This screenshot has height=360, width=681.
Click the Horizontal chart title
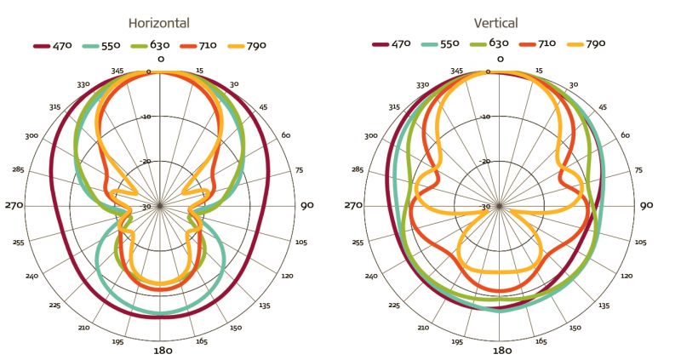pos(159,23)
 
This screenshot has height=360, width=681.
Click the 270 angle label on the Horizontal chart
pos(14,205)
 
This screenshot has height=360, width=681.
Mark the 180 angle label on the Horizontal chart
pos(163,350)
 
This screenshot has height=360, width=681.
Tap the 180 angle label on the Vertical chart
pos(501,350)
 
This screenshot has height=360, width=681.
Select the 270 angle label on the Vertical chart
pos(353,205)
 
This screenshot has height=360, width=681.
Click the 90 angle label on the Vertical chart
pos(646,205)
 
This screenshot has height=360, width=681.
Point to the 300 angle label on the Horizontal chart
pos(32,136)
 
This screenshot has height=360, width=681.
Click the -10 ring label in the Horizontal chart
pos(146,116)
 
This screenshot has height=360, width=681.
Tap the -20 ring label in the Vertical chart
pos(485,161)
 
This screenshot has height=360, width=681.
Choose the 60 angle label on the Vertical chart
pos(625,136)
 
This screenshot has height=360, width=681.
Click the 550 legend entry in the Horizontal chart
pos(104,44)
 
